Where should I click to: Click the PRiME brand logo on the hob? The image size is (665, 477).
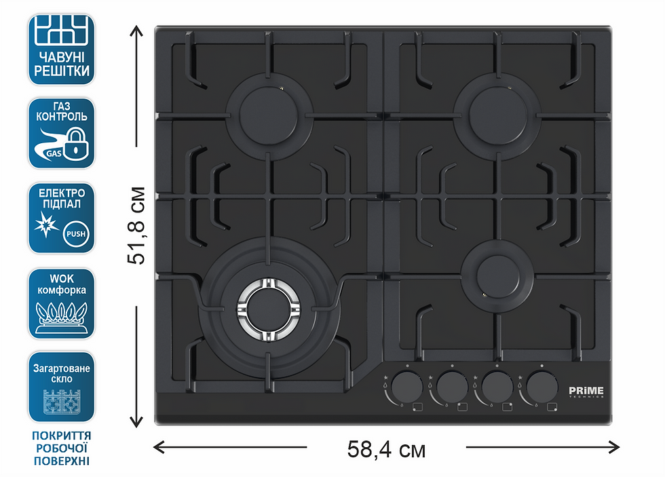tap(586, 392)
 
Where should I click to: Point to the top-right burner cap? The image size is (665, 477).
tap(498, 115)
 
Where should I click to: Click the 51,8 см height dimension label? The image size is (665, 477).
tap(136, 225)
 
